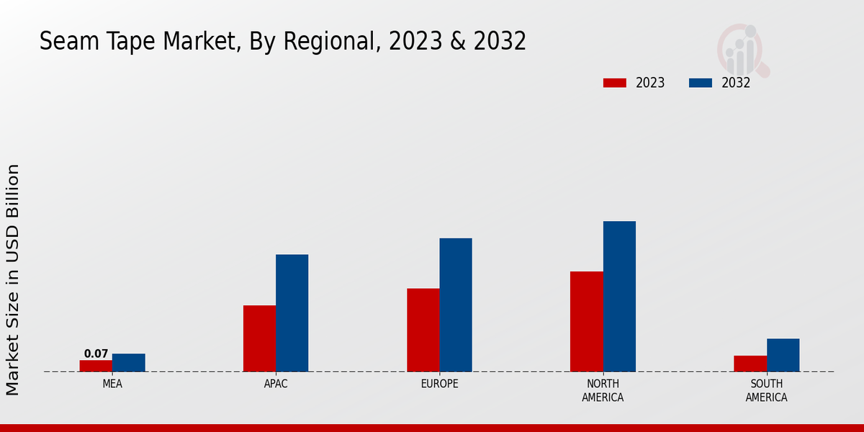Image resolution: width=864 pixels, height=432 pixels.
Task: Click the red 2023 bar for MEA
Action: (x=96, y=366)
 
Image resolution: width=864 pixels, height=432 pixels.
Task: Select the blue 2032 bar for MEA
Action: (x=129, y=363)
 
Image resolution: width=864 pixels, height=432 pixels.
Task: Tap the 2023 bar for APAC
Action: (x=259, y=338)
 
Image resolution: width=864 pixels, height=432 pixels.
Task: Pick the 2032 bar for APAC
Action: (x=292, y=313)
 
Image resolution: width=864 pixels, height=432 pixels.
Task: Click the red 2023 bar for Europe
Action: (x=423, y=330)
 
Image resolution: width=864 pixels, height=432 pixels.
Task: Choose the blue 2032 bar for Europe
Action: (x=456, y=305)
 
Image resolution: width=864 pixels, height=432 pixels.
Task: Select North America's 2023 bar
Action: (x=587, y=321)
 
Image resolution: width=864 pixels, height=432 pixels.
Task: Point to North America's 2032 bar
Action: (x=619, y=296)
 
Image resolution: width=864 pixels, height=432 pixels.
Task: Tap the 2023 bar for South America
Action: (x=750, y=364)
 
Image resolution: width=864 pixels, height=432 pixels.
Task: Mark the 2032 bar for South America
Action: (x=783, y=355)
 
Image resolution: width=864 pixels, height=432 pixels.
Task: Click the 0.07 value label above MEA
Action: (x=96, y=354)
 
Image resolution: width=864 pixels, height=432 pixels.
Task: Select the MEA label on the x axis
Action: (x=112, y=384)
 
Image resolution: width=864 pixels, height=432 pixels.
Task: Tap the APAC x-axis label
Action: (x=276, y=384)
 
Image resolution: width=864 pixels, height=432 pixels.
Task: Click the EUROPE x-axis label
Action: (x=439, y=384)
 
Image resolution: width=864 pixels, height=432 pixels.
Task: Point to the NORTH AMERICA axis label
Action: (x=603, y=390)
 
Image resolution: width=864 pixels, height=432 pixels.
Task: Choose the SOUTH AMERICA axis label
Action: (x=766, y=390)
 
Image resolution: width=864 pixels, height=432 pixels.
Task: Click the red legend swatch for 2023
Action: (x=615, y=83)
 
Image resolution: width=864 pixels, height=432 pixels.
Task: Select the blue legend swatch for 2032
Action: (x=701, y=83)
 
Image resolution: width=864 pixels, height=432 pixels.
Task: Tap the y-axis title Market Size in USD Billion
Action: (x=13, y=279)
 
